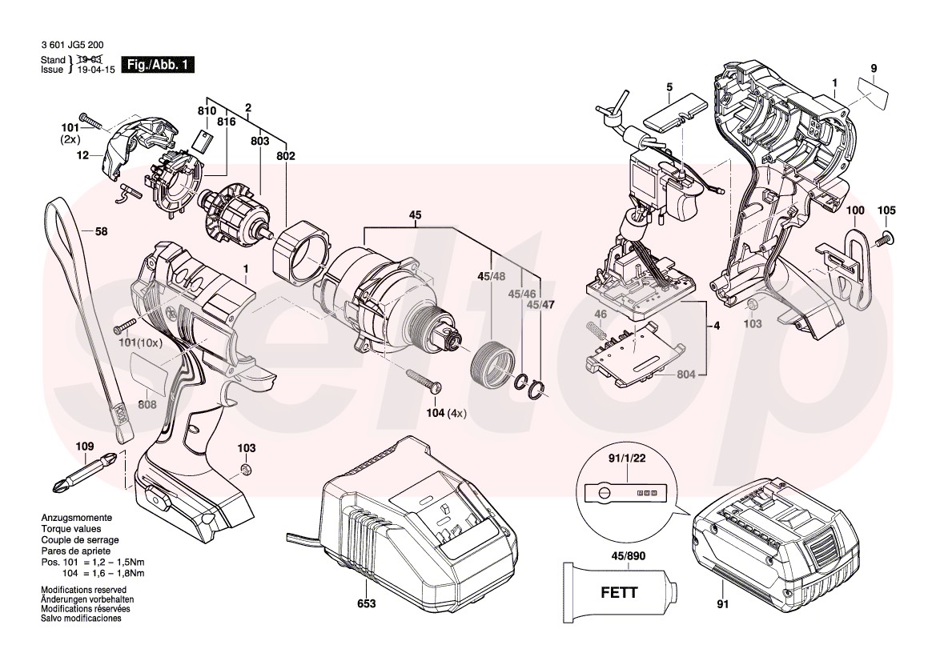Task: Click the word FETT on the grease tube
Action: pos(619,593)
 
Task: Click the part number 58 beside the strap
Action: pos(101,232)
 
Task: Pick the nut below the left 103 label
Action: pos(247,468)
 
